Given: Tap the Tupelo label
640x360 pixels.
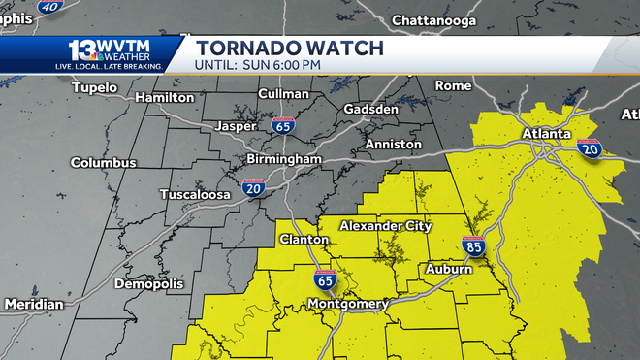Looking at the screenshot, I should [x=94, y=88].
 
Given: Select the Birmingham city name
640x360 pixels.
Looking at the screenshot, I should [x=286, y=158].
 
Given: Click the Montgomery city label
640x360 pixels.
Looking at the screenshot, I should [x=347, y=304].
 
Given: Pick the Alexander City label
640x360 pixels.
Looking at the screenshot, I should [x=385, y=226].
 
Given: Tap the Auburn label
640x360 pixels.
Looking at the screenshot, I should [x=449, y=269].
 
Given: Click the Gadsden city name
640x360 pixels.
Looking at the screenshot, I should [x=371, y=110].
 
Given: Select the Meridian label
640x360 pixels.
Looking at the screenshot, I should [x=33, y=305].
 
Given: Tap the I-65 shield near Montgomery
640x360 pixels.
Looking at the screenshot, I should [x=325, y=281].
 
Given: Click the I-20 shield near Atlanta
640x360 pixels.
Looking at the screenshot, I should [x=588, y=148].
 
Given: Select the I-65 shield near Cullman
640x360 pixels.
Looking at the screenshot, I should [x=283, y=125].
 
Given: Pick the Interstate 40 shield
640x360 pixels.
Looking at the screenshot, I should [x=49, y=6].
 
